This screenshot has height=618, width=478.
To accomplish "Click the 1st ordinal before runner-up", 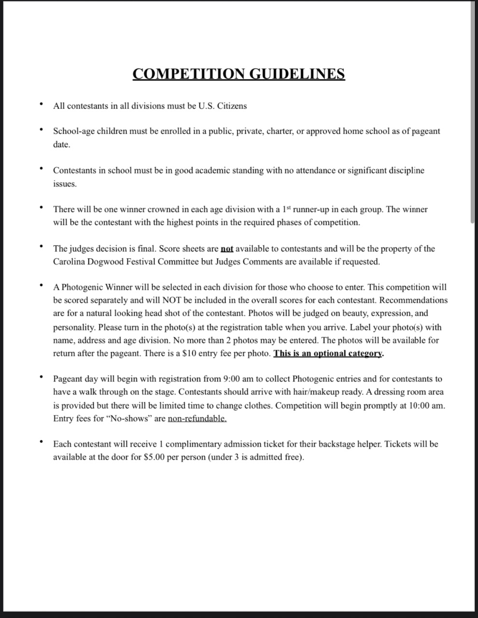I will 287,209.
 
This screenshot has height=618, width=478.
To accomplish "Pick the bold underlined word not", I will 227,249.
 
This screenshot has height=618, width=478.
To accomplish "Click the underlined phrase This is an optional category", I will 328,353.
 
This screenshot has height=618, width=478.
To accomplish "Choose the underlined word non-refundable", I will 197,418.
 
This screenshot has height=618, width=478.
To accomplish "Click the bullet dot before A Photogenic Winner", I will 42,285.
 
